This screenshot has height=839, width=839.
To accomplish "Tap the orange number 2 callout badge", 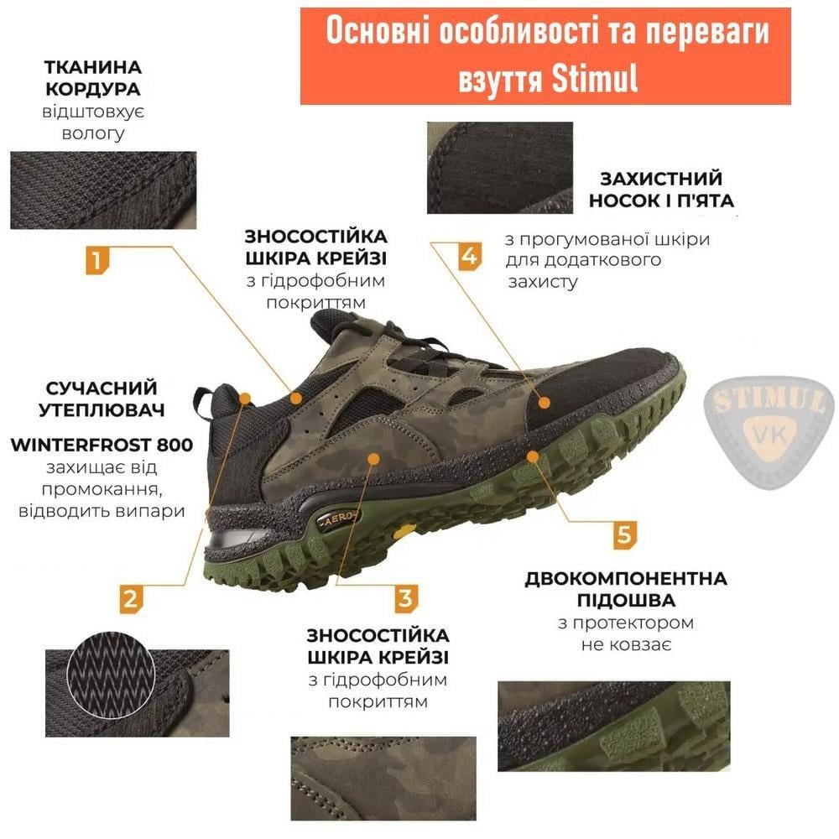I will pyautogui.click(x=130, y=599).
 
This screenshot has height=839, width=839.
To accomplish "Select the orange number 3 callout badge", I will pyautogui.click(x=405, y=599).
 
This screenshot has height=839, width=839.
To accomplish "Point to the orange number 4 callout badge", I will pyautogui.click(x=470, y=256).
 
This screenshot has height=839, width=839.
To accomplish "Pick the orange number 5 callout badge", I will pyautogui.click(x=623, y=534).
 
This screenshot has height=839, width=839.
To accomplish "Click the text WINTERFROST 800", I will pyautogui.click(x=102, y=445).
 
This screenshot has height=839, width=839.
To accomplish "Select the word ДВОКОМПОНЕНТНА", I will pyautogui.click(x=626, y=580).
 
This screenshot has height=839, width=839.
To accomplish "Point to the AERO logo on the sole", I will pyautogui.click(x=339, y=519).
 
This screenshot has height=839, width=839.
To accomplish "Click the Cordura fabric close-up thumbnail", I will pyautogui.click(x=103, y=190).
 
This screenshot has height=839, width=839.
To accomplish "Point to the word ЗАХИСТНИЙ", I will pyautogui.click(x=661, y=179).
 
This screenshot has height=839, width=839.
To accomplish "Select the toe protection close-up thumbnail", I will pyautogui.click(x=499, y=167).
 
